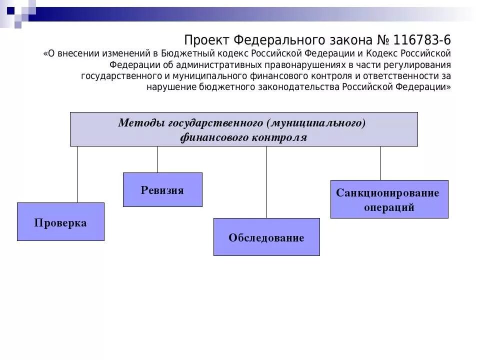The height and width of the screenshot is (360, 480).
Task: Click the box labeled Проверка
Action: coord(60,222)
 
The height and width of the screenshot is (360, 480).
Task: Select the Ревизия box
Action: coord(162,190)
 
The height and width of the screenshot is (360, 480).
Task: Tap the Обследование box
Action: coord(266,237)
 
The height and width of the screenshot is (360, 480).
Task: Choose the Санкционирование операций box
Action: coord(389,199)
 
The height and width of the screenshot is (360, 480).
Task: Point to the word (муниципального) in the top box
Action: coord(316,123)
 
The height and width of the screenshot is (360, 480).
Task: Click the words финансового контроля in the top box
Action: coord(243,138)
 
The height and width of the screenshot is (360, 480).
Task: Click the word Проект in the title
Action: coord(206,39)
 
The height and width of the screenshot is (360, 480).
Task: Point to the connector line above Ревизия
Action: coord(157,159)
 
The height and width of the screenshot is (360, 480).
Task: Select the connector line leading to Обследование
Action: coord(266,182)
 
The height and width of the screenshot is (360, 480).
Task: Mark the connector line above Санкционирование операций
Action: coord(380,163)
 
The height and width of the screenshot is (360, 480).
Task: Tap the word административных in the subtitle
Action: coord(218,65)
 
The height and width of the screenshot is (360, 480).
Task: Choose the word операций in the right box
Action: coord(389,207)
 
